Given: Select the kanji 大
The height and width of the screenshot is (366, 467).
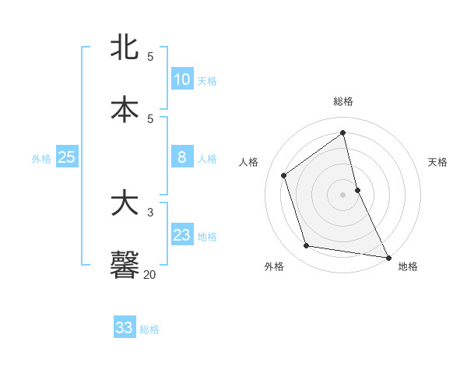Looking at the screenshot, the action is tap(125, 204).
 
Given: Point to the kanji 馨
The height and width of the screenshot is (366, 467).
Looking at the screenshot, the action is tap(125, 266).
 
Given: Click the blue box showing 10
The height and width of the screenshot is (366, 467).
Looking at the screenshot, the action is tap(182, 79).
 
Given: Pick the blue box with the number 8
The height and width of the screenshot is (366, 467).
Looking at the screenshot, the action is tap(182, 157).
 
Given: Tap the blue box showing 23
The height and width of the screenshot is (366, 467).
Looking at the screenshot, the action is tap(182, 235).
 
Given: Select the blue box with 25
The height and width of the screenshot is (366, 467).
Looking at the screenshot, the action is tap(67, 157).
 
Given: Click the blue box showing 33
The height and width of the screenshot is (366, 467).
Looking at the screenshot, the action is tap(125, 328).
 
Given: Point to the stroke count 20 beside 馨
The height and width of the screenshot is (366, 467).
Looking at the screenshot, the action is tap(150, 274).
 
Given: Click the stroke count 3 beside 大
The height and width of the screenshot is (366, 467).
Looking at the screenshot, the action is tap(150, 212).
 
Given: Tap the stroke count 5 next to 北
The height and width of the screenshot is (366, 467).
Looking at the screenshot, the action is tap(150, 57).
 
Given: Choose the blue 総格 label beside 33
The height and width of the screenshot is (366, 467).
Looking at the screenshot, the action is tap(149, 329).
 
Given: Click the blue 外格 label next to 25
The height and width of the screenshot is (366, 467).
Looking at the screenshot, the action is tap(41, 159).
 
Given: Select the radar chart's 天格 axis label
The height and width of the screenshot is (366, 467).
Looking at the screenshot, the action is tap(437, 162).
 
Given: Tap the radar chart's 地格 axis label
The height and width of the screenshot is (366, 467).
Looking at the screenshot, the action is tap(408, 266).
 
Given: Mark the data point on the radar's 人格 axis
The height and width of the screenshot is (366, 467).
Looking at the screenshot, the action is tap(284, 175).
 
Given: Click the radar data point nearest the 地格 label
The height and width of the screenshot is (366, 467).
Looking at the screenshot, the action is tap(388, 256).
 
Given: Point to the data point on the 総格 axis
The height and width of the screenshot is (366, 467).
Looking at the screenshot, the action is tap(342, 132).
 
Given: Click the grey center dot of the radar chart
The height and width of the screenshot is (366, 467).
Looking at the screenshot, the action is tap(342, 194).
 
